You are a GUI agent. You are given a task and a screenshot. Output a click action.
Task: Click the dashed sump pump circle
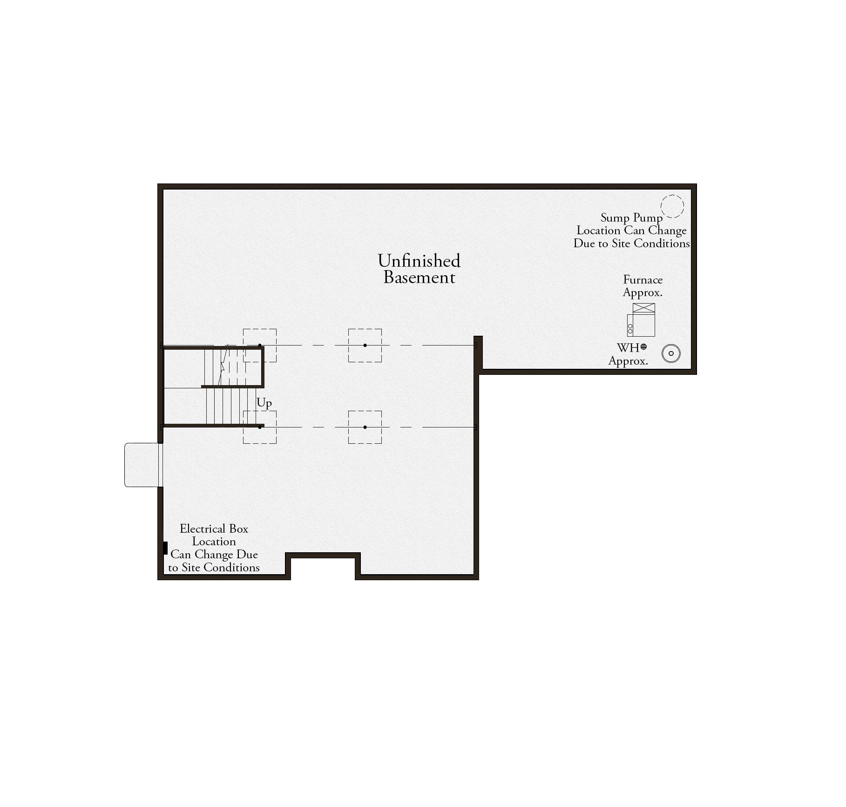pyautogui.click(x=672, y=196)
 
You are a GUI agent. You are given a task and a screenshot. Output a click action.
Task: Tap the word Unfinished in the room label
pyautogui.click(x=419, y=261)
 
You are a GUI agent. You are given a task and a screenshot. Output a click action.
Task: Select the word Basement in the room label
pyautogui.click(x=419, y=278)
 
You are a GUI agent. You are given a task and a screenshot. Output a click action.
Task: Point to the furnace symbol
pyautogui.click(x=641, y=320)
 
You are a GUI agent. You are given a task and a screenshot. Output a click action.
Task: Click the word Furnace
pyautogui.click(x=643, y=279)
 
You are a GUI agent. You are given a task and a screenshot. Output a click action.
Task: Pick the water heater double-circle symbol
pyautogui.click(x=671, y=353)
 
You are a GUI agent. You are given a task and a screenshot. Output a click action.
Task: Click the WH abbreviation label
pyautogui.click(x=628, y=348)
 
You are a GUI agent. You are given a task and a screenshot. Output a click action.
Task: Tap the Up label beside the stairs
pyautogui.click(x=264, y=403)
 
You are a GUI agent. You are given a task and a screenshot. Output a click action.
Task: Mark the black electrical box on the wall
pyautogui.click(x=165, y=548)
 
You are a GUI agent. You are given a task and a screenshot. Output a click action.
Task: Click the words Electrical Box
pyautogui.click(x=214, y=529)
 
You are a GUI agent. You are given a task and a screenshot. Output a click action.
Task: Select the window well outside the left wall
pyautogui.click(x=143, y=465)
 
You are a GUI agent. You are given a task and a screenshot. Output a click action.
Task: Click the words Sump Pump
pyautogui.click(x=631, y=218)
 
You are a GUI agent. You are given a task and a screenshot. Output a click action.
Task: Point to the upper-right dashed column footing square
pyautogui.click(x=365, y=329)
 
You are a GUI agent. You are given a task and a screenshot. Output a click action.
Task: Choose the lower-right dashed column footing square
pyautogui.click(x=365, y=411)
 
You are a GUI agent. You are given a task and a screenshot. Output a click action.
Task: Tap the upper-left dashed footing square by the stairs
pyautogui.click(x=260, y=329)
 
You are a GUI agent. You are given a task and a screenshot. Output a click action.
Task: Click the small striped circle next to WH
pyautogui.click(x=643, y=346)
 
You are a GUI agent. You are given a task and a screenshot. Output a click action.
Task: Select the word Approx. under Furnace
pyautogui.click(x=643, y=293)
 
